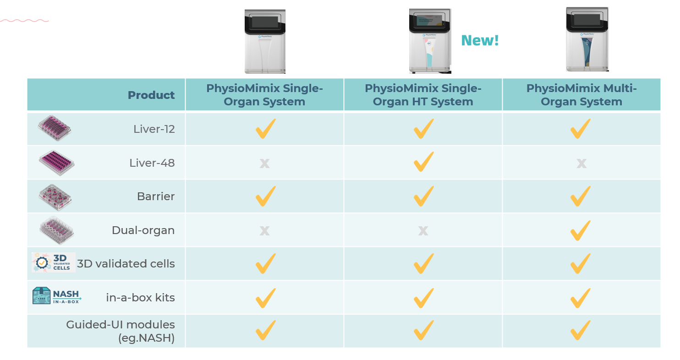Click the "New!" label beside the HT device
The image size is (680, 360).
pyautogui.click(x=480, y=41)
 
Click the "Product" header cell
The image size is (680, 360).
pyautogui.click(x=151, y=95)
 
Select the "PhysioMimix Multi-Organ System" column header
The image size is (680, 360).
pyautogui.click(x=581, y=95)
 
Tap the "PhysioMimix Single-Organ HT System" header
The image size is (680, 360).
pyautogui.click(x=423, y=95)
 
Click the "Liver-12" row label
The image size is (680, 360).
pyautogui.click(x=154, y=129)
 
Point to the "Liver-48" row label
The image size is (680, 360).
pyautogui.click(x=152, y=163)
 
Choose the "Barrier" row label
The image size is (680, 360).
pyautogui.click(x=156, y=196)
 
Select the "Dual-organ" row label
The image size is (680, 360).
pyautogui.click(x=143, y=230)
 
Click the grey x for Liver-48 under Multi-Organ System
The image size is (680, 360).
pyautogui.click(x=581, y=163)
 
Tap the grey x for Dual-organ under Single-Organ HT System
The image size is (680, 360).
pyautogui.click(x=423, y=230)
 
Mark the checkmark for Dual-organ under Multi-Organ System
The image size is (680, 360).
pyautogui.click(x=581, y=230)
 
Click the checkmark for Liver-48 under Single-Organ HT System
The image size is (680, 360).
pyautogui.click(x=423, y=162)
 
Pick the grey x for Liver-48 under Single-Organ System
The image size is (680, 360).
pyautogui.click(x=264, y=163)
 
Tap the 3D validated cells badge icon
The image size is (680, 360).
pyautogui.click(x=53, y=262)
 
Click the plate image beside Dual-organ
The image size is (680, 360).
pyautogui.click(x=56, y=230)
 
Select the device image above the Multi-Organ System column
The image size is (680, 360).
pyautogui.click(x=587, y=39)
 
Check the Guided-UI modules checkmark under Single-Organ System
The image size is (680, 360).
pyautogui.click(x=265, y=330)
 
